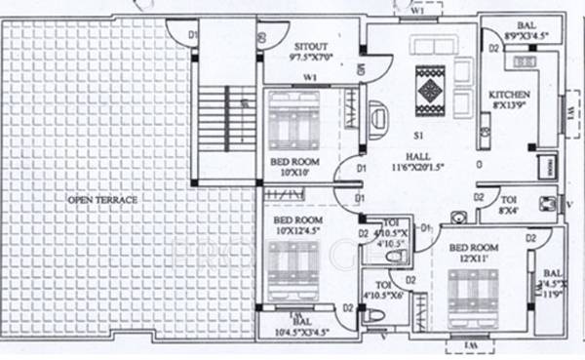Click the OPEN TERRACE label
[102, 200]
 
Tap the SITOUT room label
[312, 46]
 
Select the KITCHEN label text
[510, 95]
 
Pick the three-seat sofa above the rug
[436, 47]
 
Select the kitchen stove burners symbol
[526, 61]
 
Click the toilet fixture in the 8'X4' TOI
[548, 204]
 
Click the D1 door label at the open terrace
[192, 35]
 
